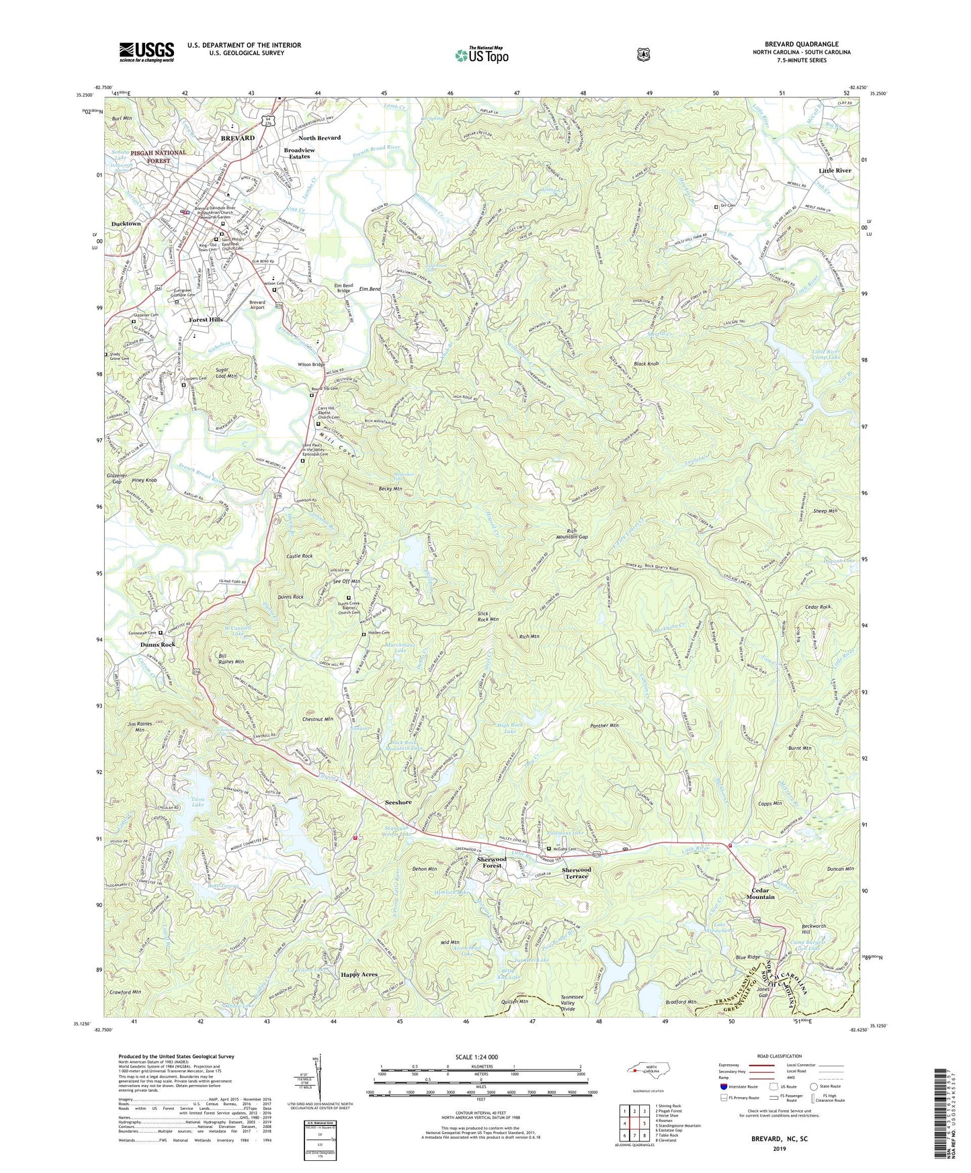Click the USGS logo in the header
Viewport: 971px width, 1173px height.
[x=146, y=52]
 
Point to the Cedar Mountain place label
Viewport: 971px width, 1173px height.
[x=760, y=894]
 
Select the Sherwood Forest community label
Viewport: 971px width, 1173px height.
[x=491, y=863]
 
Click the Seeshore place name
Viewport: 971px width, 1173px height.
[x=398, y=802]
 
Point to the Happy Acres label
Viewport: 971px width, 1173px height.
[x=359, y=974]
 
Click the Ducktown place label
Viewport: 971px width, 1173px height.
[x=126, y=224]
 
